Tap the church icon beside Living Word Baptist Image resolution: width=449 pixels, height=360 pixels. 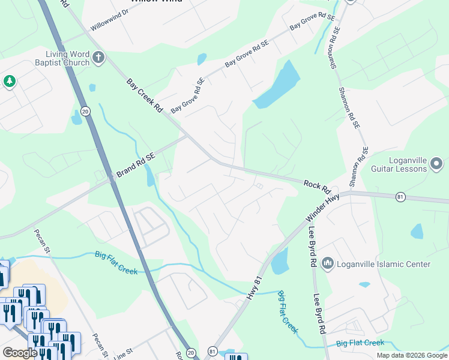tap(98, 58)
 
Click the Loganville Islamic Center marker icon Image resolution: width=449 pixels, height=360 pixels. tap(328, 263)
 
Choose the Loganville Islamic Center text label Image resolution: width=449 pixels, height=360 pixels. tap(384, 264)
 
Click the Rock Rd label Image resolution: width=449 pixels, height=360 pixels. tap(318, 187)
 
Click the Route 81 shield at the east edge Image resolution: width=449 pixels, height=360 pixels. tap(400, 197)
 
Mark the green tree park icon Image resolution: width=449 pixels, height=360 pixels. tap(9, 82)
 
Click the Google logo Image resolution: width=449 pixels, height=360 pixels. tap(20, 353)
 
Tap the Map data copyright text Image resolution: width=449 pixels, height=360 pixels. tap(412, 355)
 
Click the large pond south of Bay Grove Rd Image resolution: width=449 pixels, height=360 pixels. tap(278, 85)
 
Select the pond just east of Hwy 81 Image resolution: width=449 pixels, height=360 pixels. tap(280, 262)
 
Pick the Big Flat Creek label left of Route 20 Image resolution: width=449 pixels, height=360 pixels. tap(116, 263)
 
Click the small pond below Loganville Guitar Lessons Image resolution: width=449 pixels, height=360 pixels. tap(417, 231)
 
